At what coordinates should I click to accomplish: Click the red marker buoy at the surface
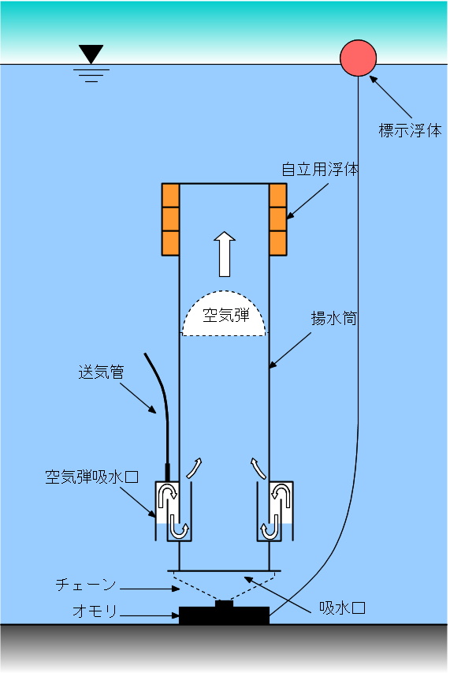tap(359, 58)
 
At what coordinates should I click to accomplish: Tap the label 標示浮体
tap(410, 130)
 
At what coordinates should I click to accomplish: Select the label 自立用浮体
tap(320, 169)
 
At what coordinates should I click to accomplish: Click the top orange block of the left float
tap(170, 196)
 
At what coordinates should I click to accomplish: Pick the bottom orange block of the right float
tap(277, 243)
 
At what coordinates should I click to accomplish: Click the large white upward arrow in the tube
tap(225, 254)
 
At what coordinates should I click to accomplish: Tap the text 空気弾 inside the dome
tap(226, 316)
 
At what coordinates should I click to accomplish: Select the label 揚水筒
tap(333, 319)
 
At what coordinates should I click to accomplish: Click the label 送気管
tap(101, 372)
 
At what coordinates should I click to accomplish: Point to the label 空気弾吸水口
tap(92, 477)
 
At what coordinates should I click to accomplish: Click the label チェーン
tap(86, 585)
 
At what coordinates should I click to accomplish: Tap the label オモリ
tap(95, 611)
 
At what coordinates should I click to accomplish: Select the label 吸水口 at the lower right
tap(342, 608)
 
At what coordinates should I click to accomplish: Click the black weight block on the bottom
tap(224, 613)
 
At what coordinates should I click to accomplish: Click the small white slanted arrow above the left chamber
tap(194, 469)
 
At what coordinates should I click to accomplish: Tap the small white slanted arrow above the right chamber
tap(258, 469)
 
